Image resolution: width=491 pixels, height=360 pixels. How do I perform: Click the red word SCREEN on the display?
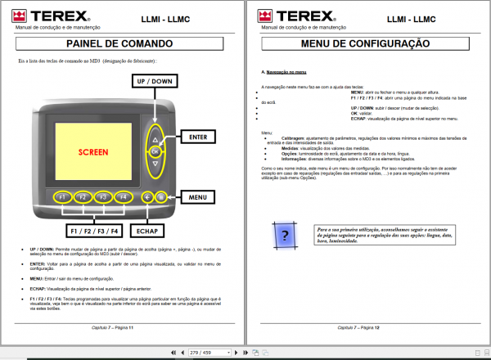click(92, 153)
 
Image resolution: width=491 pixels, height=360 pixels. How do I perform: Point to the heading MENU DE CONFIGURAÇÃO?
click(365, 43)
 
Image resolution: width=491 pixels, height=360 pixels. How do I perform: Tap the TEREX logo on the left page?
click(43, 14)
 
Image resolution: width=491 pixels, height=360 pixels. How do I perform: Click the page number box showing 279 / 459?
click(201, 352)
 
